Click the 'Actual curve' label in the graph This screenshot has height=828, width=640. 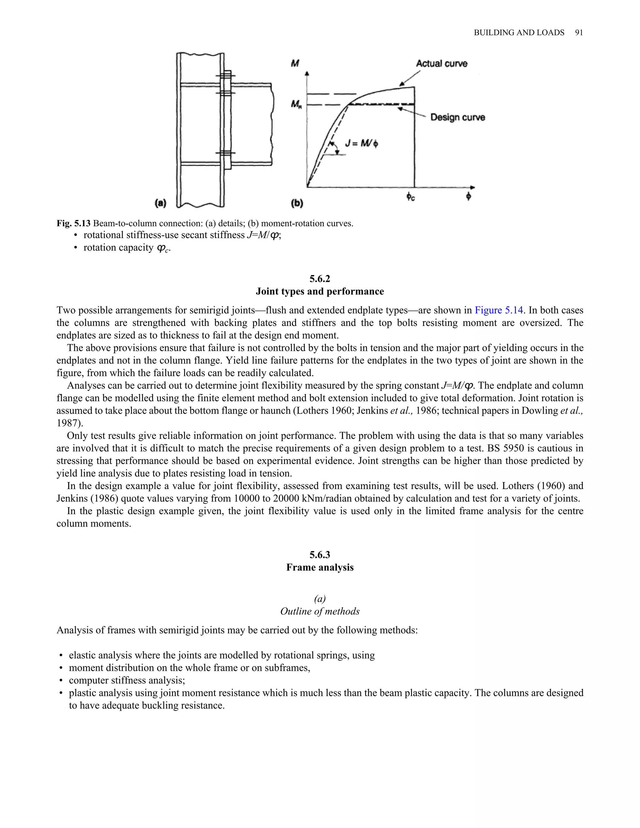coord(441,64)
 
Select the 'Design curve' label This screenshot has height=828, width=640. coord(457,117)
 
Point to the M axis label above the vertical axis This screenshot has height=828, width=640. coord(295,63)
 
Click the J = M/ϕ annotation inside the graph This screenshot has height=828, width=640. coord(361,143)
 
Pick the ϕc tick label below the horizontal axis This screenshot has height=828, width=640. coord(410,197)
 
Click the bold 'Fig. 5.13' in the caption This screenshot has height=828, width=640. coord(73,223)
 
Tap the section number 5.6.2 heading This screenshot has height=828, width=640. coord(320,279)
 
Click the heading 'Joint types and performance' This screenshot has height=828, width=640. coord(320,291)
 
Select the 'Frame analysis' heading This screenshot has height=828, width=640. coord(320,567)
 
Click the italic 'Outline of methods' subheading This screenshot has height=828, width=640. coord(320,611)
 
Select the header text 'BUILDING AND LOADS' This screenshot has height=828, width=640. coord(519,33)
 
